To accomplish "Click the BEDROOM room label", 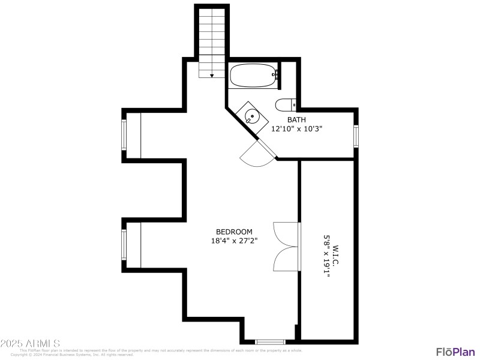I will pyautogui.click(x=234, y=232).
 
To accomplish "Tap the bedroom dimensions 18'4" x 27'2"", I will pyautogui.click(x=234, y=241).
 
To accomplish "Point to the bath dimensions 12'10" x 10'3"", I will pyautogui.click(x=296, y=128).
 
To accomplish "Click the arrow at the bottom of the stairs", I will pyautogui.click(x=212, y=75).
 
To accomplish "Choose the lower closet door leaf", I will pyautogui.click(x=285, y=259).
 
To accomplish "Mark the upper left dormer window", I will pyautogui.click(x=124, y=135).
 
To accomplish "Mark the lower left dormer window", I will pyautogui.click(x=124, y=245).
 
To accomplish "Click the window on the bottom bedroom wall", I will pyautogui.click(x=270, y=341).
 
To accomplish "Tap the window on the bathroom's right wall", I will pyautogui.click(x=356, y=136).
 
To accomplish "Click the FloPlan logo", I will pyautogui.click(x=454, y=352).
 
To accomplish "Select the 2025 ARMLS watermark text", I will pyautogui.click(x=30, y=344).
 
